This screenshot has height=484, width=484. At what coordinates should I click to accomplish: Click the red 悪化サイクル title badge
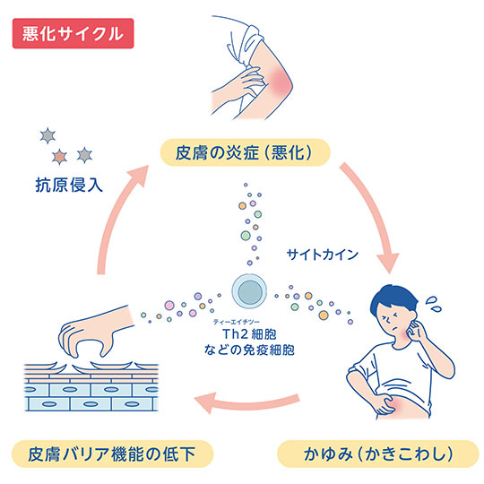[x=73, y=33]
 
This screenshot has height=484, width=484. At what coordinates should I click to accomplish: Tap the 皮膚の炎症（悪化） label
[x=245, y=152]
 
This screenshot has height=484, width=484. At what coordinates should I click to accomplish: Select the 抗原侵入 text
[x=69, y=185]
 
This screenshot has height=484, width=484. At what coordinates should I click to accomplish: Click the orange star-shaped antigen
[x=59, y=157]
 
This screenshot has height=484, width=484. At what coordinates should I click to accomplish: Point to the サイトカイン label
[x=323, y=255]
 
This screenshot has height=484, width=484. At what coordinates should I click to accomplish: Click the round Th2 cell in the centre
[x=249, y=291]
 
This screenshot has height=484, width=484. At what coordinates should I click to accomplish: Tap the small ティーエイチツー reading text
[x=237, y=322]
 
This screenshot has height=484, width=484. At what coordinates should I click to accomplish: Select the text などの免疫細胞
[x=249, y=350]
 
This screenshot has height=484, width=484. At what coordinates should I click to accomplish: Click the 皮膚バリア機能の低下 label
[x=112, y=454]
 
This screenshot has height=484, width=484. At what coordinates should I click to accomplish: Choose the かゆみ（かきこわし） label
[x=378, y=454]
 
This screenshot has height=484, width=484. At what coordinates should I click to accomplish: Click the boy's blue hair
[x=392, y=300]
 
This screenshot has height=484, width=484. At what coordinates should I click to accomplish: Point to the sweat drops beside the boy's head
[x=434, y=304]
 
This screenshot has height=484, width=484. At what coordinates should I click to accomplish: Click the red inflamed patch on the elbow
[x=279, y=79]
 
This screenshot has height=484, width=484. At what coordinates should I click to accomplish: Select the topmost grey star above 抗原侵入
[x=48, y=136]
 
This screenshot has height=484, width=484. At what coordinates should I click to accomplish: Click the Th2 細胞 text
[x=249, y=334]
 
